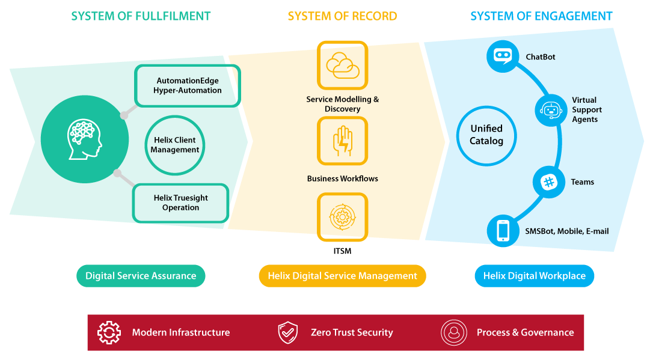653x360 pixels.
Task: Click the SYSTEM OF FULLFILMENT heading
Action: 141,16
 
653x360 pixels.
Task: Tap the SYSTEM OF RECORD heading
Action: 342,16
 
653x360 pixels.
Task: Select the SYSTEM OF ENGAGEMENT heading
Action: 541,16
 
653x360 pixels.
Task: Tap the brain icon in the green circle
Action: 85,139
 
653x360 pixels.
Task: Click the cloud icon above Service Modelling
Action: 342,66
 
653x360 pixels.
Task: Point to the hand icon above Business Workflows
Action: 342,141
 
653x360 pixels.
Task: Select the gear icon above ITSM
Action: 342,217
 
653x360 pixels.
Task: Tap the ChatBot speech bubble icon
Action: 503,56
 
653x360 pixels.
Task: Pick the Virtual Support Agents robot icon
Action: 551,111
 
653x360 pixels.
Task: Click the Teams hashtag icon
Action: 549,182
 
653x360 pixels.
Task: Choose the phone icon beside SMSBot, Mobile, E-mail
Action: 503,231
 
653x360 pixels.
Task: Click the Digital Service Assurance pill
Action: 141,276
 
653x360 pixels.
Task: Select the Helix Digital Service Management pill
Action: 342,276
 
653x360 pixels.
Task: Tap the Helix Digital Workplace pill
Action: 535,276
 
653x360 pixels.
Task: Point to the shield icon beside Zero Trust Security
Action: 288,332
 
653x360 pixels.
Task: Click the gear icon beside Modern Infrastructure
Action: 109,332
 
